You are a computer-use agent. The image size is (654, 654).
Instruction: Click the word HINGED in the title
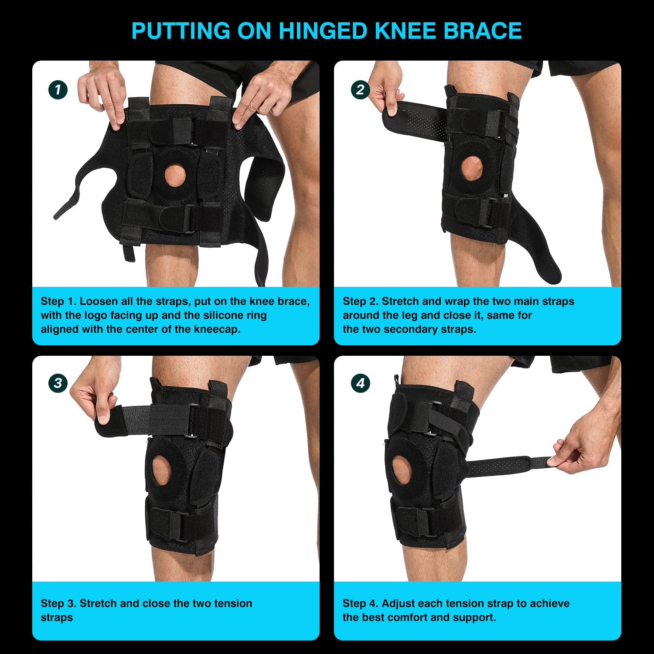[x=323, y=31]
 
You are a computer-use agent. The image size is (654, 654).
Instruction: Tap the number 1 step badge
[x=58, y=90]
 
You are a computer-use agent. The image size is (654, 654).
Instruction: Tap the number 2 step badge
[x=360, y=90]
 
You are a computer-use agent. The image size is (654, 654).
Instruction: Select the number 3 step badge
[x=58, y=383]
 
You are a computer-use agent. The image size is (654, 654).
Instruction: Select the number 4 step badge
[x=360, y=383]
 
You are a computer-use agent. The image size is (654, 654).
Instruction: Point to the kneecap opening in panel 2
[x=472, y=168]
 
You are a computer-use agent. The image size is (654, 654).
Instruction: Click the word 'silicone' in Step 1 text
[x=226, y=315]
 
